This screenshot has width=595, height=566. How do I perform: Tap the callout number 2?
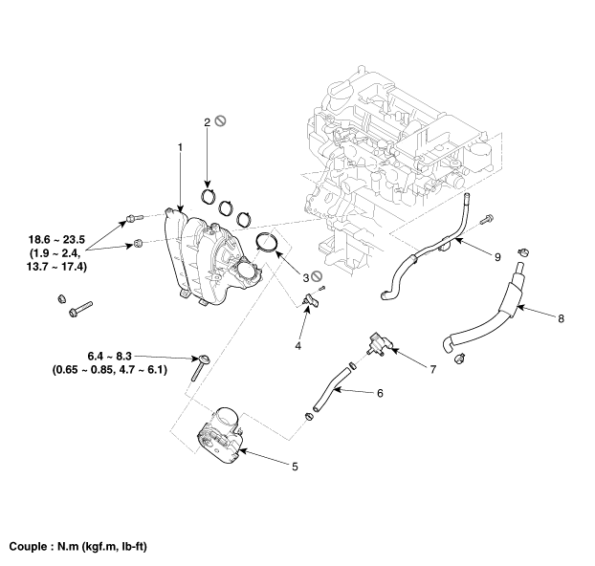(207, 122)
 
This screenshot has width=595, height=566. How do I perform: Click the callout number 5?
(295, 467)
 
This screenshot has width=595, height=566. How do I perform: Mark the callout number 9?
(497, 255)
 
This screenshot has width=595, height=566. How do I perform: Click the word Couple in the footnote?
(30, 548)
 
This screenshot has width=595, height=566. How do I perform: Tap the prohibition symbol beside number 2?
(221, 121)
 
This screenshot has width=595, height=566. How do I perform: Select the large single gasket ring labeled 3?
(267, 244)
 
